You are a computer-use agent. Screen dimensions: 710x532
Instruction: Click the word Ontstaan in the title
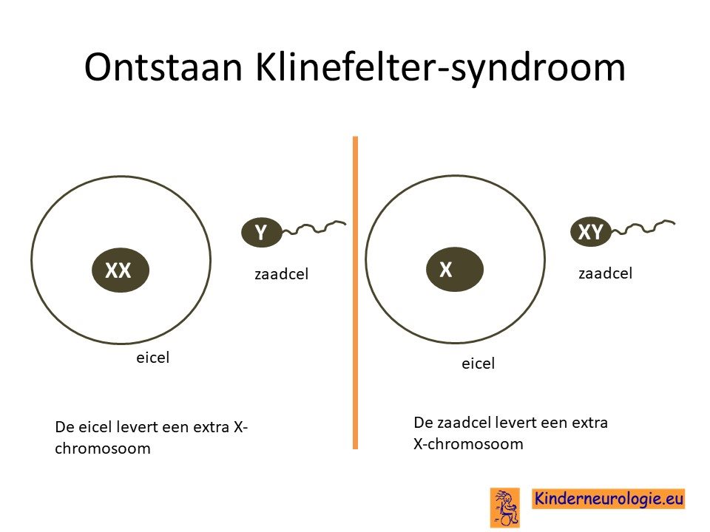coord(163,67)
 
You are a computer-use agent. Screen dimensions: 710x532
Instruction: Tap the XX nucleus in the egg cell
coord(121,270)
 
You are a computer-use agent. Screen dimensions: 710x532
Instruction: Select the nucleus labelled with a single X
coord(455,269)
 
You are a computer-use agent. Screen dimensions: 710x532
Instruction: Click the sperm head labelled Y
coord(262,233)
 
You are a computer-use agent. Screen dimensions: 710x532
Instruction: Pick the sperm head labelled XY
coord(590,231)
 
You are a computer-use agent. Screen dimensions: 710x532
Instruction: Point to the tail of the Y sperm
coord(314,227)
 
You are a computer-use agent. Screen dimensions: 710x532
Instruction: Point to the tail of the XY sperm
coord(643,227)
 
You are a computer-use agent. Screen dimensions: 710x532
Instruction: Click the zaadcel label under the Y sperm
coord(281,273)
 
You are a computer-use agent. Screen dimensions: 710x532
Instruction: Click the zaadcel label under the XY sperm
coord(606,273)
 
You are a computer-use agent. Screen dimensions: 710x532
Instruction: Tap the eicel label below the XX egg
coord(152,358)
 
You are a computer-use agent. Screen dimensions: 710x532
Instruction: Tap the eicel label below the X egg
coord(479,364)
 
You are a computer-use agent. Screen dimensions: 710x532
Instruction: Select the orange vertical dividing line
coord(356,293)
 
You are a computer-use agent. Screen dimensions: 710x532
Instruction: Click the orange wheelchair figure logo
coord(505,508)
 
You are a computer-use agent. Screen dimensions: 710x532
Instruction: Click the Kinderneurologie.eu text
coord(608,499)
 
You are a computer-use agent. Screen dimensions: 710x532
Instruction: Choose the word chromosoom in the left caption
coord(103,449)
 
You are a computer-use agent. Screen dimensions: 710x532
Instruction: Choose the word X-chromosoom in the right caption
coord(468,444)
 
